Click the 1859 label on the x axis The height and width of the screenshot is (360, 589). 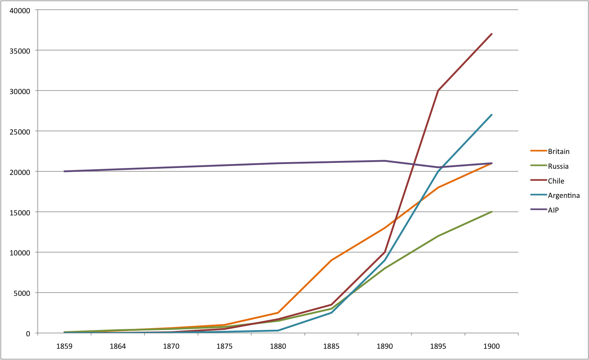point(64,346)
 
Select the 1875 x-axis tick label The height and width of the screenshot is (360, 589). point(224,346)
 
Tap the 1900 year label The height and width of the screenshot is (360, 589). point(491,346)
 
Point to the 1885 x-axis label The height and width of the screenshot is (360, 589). point(331,346)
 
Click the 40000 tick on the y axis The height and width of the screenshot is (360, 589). point(19,10)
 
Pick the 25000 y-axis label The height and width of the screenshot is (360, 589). point(19,131)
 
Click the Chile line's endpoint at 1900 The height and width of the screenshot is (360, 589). point(491,34)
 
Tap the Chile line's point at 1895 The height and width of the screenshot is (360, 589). point(438,91)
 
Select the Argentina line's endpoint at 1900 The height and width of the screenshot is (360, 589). point(491,115)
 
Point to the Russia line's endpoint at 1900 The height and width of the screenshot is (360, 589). point(491,212)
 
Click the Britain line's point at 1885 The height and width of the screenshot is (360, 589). point(331,260)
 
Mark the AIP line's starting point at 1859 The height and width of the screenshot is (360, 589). point(64,171)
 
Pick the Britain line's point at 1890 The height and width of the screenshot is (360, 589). point(385,228)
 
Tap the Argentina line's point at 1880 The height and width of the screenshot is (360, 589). point(278,331)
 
